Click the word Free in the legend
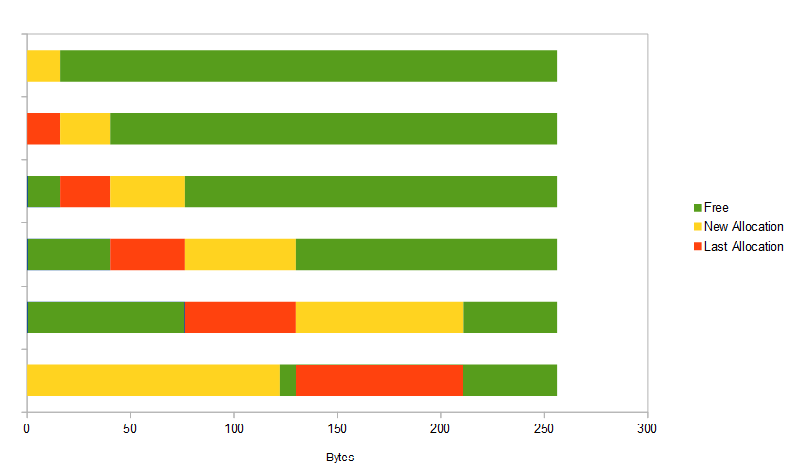pos(716,208)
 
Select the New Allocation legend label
pos(743,227)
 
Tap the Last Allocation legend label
pos(743,247)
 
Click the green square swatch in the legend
pos(697,208)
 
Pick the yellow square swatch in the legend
pos(697,227)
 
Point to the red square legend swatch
pos(697,247)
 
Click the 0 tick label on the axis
pos(26,428)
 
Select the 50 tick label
pos(130,428)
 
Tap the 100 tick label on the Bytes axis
pos(233,428)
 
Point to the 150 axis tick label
pos(337,428)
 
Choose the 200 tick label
pos(440,428)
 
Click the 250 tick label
pos(544,428)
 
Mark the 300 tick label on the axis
pos(647,428)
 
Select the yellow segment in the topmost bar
pos(43,65)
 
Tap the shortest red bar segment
pos(43,128)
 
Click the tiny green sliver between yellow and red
pos(288,381)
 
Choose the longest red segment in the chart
pos(380,381)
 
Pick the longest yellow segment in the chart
pos(153,381)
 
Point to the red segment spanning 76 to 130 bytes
pos(240,318)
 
